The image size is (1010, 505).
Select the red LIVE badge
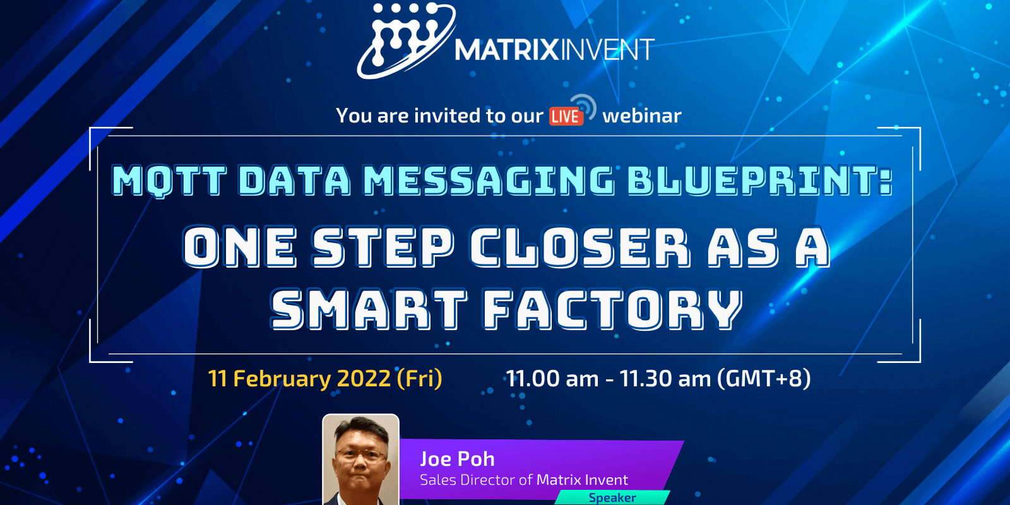point(565,117)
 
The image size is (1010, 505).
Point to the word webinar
point(642,116)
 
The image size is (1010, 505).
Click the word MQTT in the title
point(169,181)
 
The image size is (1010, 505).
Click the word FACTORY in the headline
point(612,310)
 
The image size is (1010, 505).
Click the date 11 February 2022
point(299,379)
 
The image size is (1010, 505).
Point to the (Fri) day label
point(419,379)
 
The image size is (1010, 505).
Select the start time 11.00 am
point(552,379)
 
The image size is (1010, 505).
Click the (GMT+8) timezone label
point(764,379)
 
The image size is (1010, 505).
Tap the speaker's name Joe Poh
point(457,459)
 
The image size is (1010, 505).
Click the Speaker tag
point(612,497)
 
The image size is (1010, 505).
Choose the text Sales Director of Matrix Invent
point(524,480)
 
